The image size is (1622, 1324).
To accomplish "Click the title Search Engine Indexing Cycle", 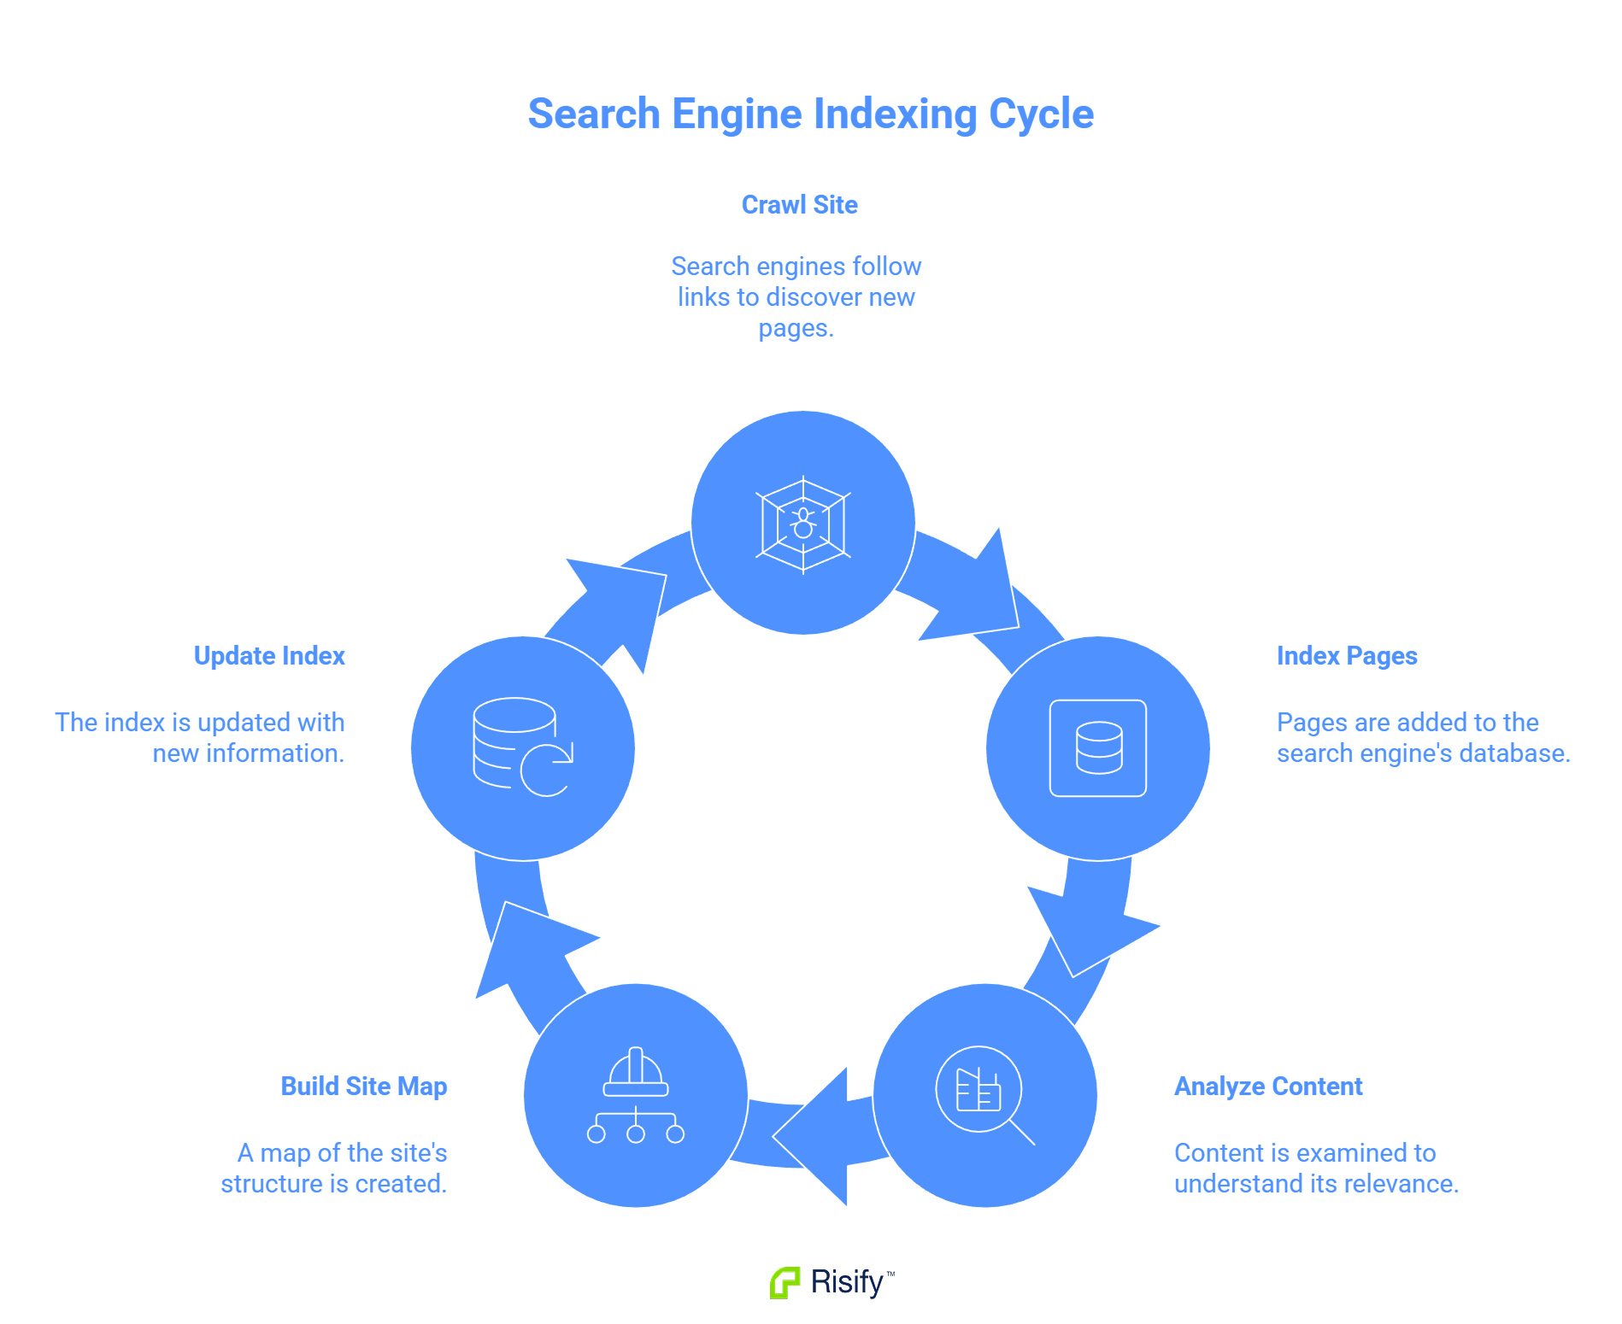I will (x=810, y=114).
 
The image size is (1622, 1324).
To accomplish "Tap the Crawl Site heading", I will (x=799, y=205).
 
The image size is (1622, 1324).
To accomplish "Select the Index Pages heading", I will (x=1346, y=656).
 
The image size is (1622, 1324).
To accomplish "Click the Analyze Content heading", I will (x=1267, y=1087).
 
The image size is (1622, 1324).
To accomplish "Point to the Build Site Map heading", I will (x=364, y=1087).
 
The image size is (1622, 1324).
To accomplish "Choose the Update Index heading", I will (x=269, y=656).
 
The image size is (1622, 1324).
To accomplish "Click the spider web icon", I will (x=802, y=524).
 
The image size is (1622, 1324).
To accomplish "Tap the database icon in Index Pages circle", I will (x=1098, y=748).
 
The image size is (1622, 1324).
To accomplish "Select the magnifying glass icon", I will (x=984, y=1094).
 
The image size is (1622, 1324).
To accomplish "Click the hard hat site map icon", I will (x=636, y=1095).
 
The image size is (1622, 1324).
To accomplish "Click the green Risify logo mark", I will (x=785, y=1282).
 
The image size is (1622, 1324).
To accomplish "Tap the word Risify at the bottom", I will (x=846, y=1282).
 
